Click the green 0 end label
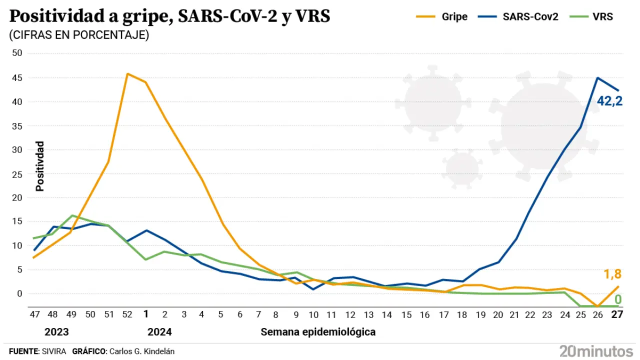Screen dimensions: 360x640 tap(618, 299)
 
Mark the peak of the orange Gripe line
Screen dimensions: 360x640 tap(127, 73)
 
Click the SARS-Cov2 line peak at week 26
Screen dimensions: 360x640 tap(597, 77)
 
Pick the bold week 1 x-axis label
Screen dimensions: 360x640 tap(146, 314)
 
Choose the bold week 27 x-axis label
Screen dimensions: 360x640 tap(617, 314)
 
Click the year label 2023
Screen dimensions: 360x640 tap(56, 332)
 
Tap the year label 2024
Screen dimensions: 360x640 tap(159, 332)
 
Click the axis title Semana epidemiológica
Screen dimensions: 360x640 tap(318, 332)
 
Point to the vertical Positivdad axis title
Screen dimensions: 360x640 tap(40, 166)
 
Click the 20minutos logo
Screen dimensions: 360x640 tap(596, 350)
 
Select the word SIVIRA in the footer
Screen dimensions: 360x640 tap(53, 351)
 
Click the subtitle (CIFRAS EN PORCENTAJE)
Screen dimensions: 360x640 tap(78, 35)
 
